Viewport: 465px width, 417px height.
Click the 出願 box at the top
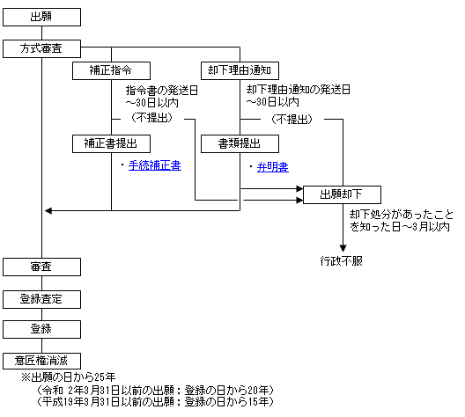[41, 18]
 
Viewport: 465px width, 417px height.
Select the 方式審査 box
[41, 49]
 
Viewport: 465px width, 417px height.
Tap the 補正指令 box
[111, 70]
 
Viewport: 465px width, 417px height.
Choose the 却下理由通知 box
[240, 70]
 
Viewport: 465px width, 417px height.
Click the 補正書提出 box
[111, 144]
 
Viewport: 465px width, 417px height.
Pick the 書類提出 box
[240, 144]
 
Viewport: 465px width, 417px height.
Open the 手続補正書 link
[155, 165]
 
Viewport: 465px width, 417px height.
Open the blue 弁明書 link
[273, 167]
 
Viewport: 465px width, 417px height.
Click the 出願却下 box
[342, 195]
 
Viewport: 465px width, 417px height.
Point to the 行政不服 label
[342, 261]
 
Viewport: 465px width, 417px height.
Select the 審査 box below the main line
[41, 267]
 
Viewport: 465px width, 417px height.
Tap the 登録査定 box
[41, 300]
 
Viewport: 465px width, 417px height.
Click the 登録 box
[41, 329]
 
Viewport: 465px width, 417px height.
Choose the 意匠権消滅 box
[41, 361]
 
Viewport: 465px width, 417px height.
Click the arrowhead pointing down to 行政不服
[343, 248]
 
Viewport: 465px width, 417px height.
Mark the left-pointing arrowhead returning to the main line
[48, 211]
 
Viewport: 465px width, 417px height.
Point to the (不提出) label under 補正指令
[151, 118]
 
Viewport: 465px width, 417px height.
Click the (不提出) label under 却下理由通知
[292, 120]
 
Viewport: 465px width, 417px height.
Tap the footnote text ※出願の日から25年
[68, 377]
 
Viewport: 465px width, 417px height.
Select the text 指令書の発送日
[162, 91]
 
